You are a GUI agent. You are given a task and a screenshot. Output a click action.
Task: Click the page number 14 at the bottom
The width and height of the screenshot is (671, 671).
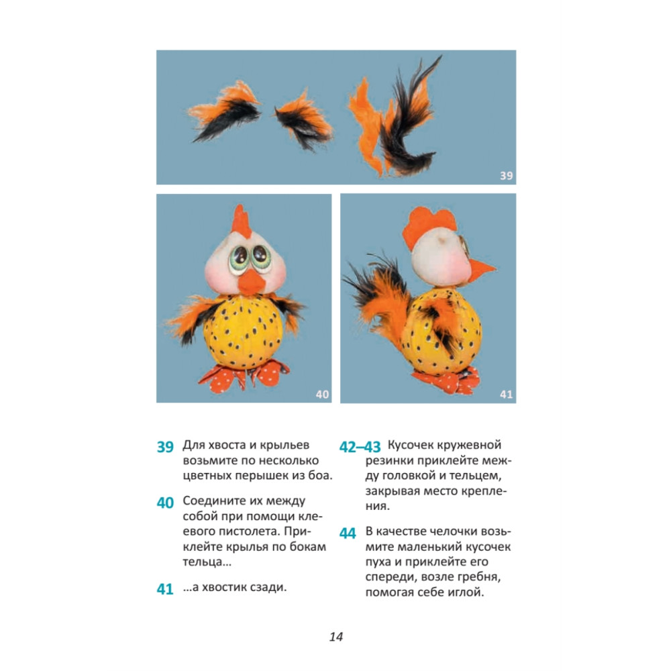336,637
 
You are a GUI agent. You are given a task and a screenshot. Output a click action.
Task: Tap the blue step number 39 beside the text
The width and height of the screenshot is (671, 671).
165,447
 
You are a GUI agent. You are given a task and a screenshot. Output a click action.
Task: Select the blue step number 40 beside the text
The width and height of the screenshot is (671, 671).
165,503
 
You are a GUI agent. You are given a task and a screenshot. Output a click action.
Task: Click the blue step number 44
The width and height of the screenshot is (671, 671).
348,533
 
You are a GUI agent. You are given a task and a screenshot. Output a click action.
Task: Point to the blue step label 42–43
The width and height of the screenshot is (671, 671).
360,447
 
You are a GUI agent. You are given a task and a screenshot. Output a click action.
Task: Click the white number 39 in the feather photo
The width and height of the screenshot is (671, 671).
506,175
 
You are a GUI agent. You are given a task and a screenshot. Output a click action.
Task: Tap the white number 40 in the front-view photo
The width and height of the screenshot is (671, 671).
322,394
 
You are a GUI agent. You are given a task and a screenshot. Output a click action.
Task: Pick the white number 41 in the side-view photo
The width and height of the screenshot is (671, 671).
506,394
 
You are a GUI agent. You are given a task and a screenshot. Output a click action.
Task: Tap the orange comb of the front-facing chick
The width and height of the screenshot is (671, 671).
241,221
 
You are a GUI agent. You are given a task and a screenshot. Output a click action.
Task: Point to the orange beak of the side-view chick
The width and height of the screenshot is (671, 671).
482,271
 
